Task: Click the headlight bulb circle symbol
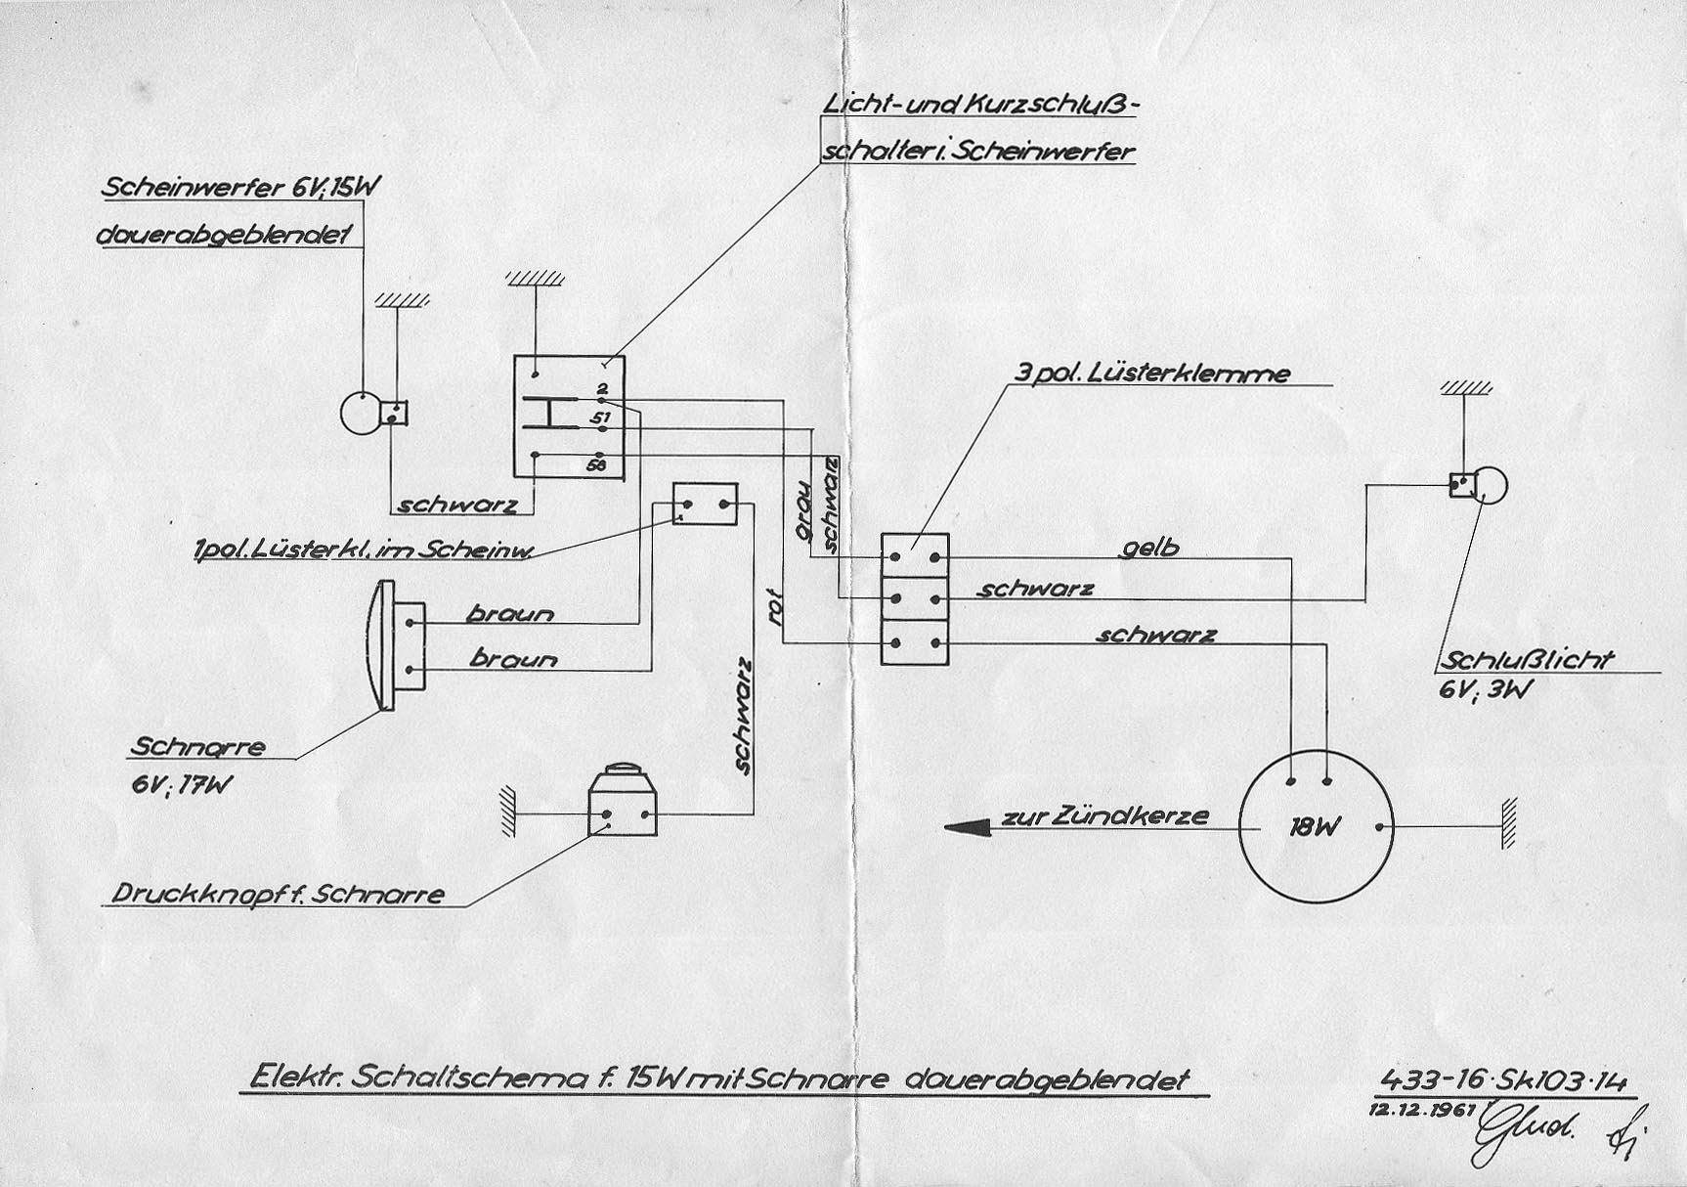pos(358,413)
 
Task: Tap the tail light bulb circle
pos(1490,485)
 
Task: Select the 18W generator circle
pos(1315,827)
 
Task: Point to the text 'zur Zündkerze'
pos(1104,815)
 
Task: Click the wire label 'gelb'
pos(1149,548)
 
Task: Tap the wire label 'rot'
pos(778,603)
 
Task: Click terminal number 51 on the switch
pos(599,418)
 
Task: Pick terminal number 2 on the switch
pos(601,389)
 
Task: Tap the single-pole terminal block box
pos(705,505)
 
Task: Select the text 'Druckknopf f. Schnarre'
pos(278,894)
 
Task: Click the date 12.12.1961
pos(1427,1110)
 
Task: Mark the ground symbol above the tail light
pos(1465,389)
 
